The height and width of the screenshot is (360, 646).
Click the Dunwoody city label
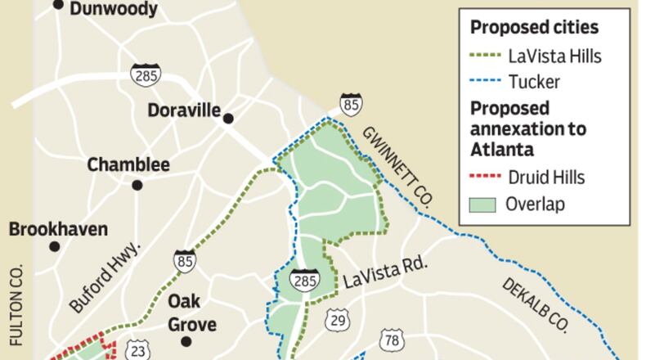click(x=114, y=9)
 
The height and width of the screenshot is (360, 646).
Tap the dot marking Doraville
click(x=229, y=119)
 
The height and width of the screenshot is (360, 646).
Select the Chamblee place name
click(x=128, y=164)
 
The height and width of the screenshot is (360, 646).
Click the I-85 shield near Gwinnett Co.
click(x=352, y=104)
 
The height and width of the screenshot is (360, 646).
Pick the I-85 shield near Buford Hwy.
click(x=183, y=259)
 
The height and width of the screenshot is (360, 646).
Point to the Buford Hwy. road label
click(x=106, y=279)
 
